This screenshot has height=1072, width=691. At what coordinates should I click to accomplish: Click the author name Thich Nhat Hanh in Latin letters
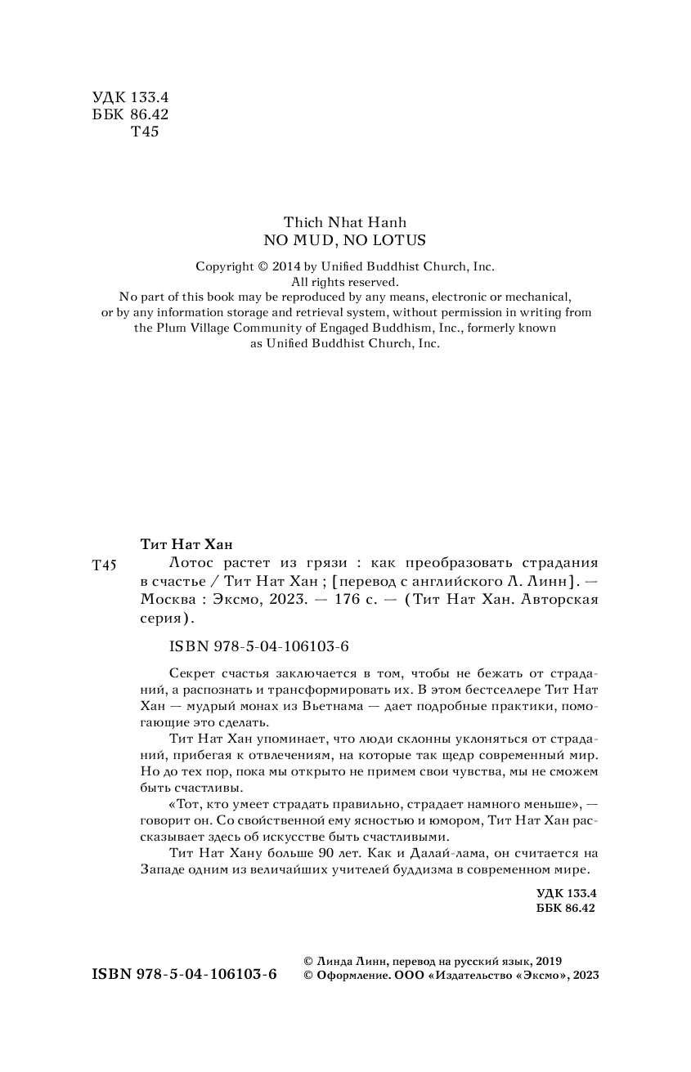pyautogui.click(x=344, y=222)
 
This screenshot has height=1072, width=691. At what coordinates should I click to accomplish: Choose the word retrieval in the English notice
pyautogui.click(x=310, y=312)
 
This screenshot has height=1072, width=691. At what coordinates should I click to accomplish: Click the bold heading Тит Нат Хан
pyautogui.click(x=182, y=545)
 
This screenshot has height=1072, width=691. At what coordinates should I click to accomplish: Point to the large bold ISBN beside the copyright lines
pyautogui.click(x=185, y=974)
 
